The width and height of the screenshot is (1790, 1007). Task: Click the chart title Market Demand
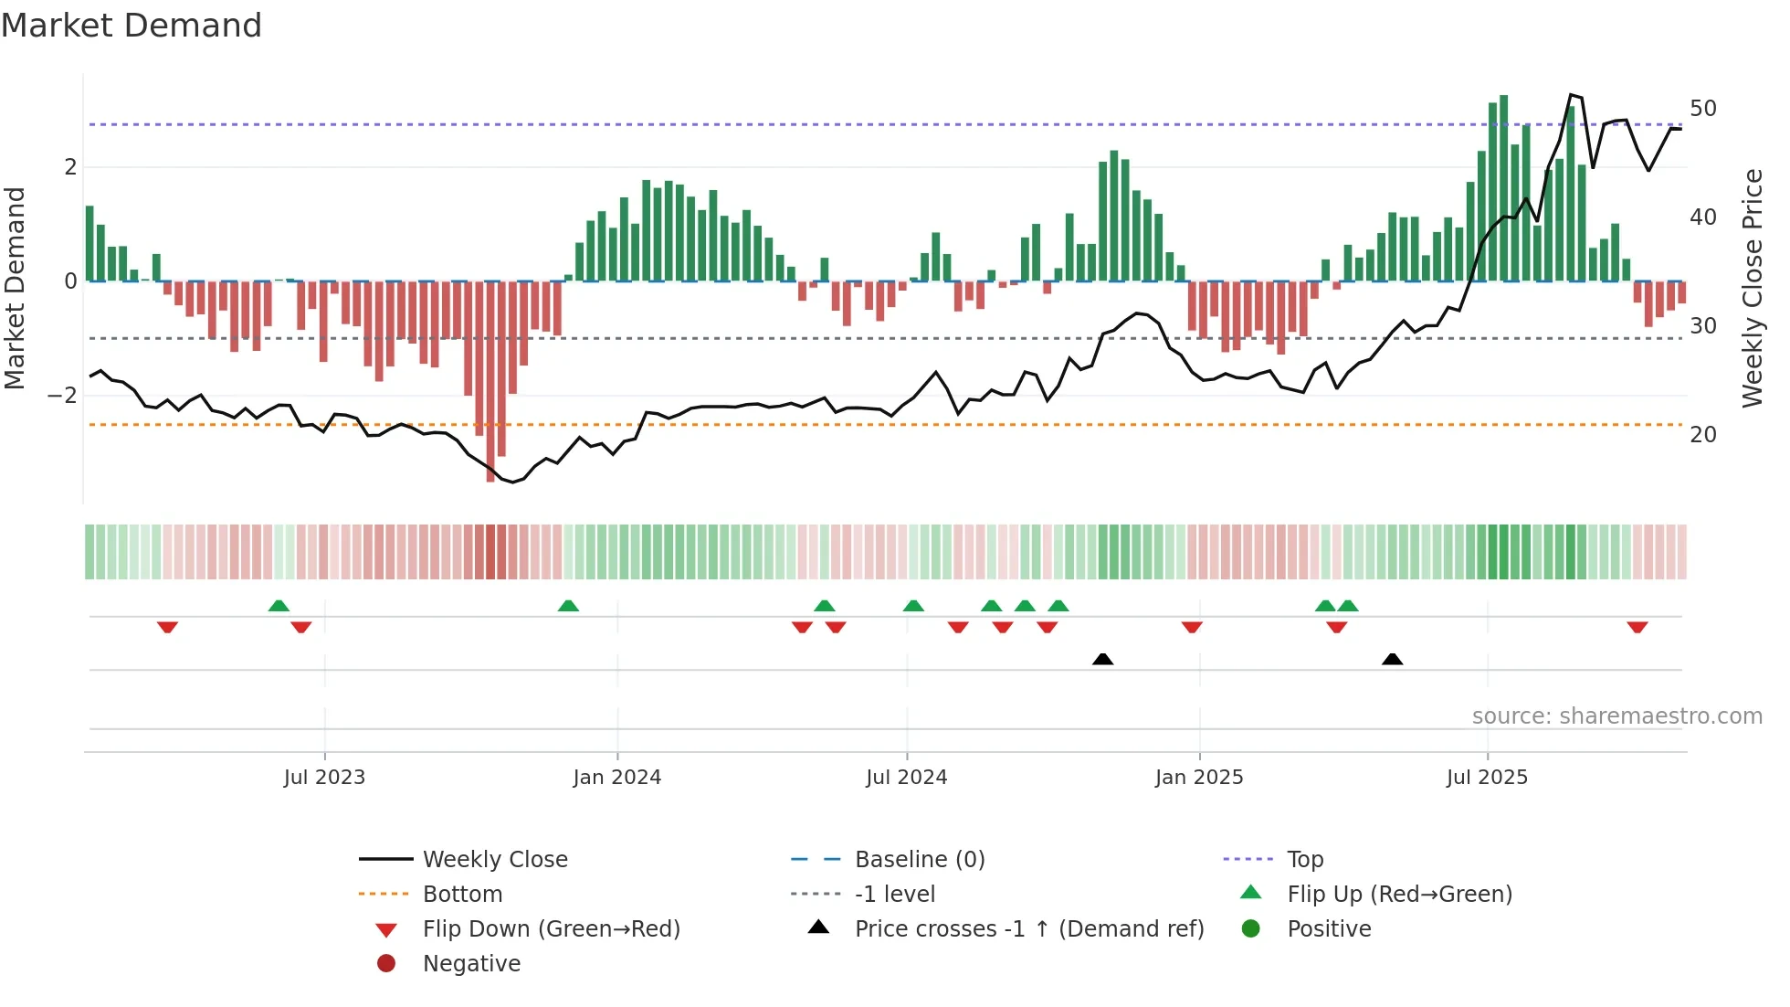pos(132,26)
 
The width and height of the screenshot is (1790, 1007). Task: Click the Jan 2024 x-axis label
pos(616,778)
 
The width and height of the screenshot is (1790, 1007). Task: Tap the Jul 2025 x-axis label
pos(1487,778)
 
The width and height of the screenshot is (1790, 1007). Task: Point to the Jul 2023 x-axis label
pos(324,778)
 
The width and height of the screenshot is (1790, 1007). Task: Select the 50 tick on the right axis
pos(1702,109)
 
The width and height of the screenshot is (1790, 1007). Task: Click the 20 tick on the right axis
pos(1702,435)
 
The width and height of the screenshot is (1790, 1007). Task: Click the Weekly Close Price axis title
pos(1752,288)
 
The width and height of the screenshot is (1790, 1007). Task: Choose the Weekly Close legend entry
pos(494,860)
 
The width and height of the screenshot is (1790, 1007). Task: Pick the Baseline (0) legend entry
pos(919,860)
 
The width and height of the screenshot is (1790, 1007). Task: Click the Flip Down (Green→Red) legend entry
pos(551,929)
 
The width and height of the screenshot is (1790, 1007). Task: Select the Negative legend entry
pos(471,964)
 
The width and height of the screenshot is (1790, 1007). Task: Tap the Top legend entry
pos(1304,860)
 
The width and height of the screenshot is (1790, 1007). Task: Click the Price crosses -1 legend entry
pos(1028,929)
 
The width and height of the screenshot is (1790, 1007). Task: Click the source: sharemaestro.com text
pos(1616,716)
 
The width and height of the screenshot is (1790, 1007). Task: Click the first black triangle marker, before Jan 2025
pos(1102,659)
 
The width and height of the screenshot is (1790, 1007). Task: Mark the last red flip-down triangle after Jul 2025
pos(1637,627)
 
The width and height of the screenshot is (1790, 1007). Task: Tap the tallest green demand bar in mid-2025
pos(1503,187)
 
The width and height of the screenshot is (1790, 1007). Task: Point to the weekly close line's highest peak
pos(1571,95)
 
